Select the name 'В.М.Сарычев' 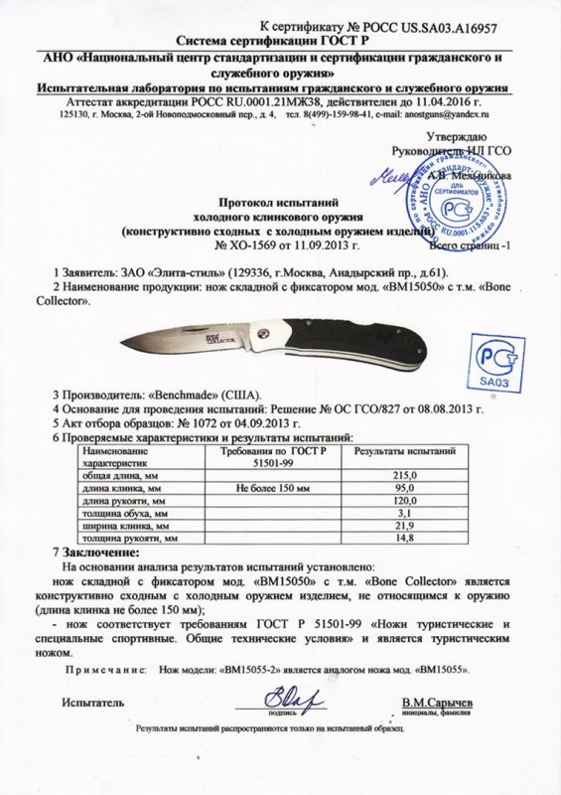click(x=437, y=704)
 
